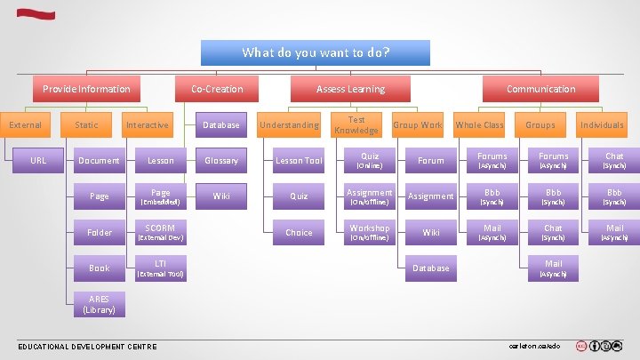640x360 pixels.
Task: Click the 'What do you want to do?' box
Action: click(x=316, y=52)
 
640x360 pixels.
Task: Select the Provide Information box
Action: click(x=86, y=89)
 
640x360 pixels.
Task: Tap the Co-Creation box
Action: click(x=217, y=89)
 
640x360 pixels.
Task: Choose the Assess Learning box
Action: click(x=350, y=89)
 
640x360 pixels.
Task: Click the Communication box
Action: click(x=540, y=89)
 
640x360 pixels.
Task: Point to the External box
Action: click(x=26, y=125)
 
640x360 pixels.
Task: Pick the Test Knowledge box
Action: click(x=356, y=125)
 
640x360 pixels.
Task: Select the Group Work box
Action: click(x=417, y=125)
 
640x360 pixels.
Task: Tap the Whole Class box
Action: click(x=479, y=125)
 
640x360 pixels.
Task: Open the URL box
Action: click(x=38, y=161)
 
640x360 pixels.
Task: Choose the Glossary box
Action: click(x=221, y=161)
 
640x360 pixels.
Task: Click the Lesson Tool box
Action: click(x=299, y=161)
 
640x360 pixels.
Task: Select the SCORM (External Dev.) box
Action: click(x=160, y=232)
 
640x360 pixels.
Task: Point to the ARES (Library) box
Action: click(x=100, y=304)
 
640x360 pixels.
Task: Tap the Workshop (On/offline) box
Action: click(x=369, y=232)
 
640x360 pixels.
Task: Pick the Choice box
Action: click(x=299, y=232)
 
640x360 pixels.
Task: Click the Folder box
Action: click(x=100, y=232)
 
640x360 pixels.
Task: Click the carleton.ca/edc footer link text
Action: click(x=534, y=345)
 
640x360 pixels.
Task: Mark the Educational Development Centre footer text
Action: click(x=87, y=346)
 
